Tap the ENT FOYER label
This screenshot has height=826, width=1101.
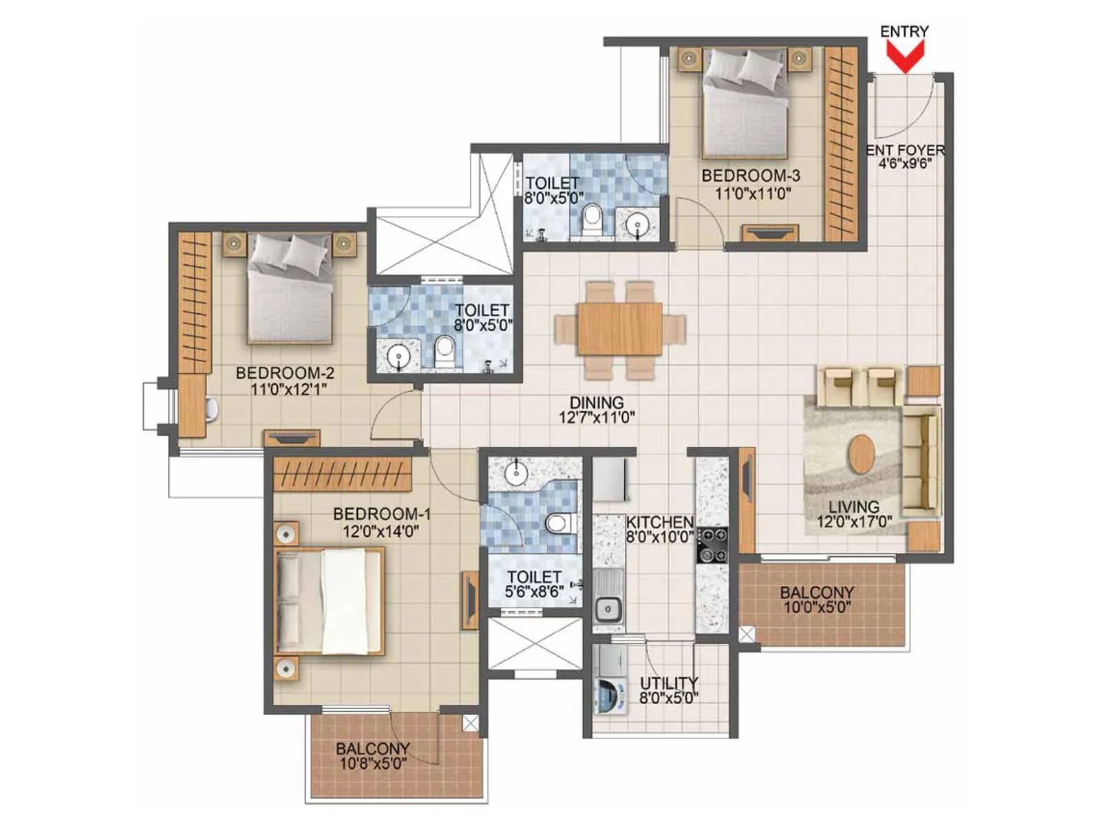(905, 150)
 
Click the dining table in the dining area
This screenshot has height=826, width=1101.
(620, 328)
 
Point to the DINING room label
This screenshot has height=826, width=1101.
(597, 402)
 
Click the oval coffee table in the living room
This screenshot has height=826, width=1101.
(862, 454)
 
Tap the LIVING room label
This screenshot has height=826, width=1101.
(853, 507)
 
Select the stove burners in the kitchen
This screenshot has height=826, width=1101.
(712, 544)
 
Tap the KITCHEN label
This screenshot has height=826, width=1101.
(659, 522)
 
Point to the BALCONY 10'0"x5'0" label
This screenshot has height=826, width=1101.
(817, 592)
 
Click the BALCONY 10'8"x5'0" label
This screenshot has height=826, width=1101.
(372, 748)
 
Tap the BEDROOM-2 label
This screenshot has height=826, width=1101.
(285, 373)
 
